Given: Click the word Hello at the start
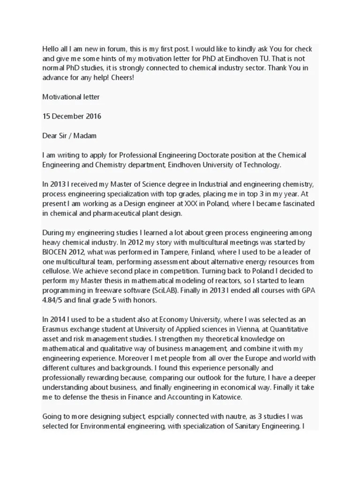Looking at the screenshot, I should pyautogui.click(x=52, y=49).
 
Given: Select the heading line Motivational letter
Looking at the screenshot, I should pyautogui.click(x=71, y=97).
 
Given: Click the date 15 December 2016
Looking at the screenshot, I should pyautogui.click(x=72, y=116).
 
